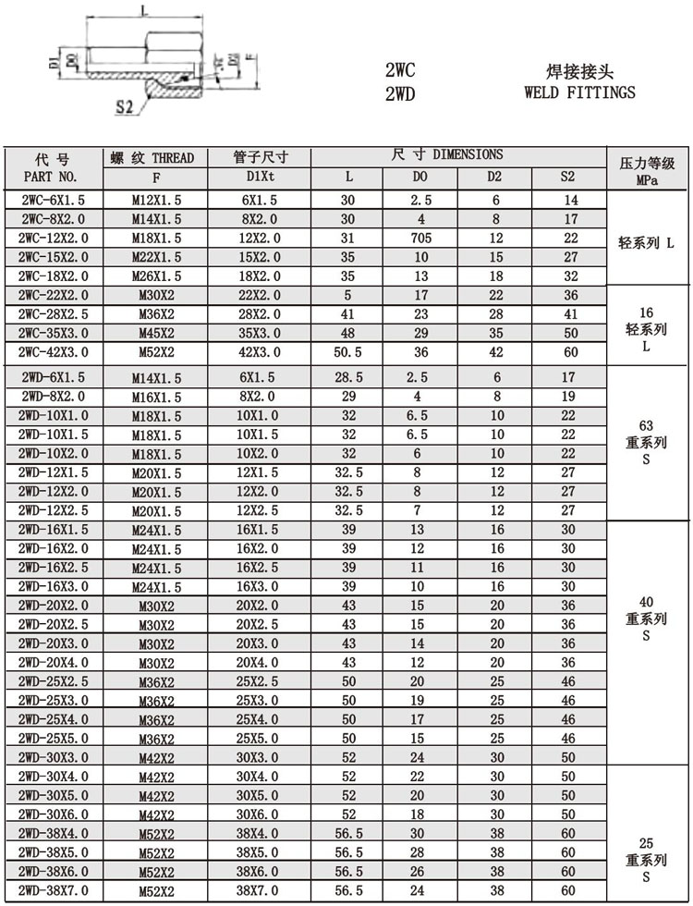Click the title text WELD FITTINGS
[579, 92]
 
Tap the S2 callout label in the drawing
[126, 107]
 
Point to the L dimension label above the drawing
[144, 11]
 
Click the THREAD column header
[155, 158]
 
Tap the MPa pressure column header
[646, 182]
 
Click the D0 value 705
[420, 239]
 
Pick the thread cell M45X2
[155, 334]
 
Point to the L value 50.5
[347, 352]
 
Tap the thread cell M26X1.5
[155, 275]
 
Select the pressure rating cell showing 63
[646, 425]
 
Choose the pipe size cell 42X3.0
[261, 352]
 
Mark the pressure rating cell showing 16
[646, 313]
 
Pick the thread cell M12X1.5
[155, 201]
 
